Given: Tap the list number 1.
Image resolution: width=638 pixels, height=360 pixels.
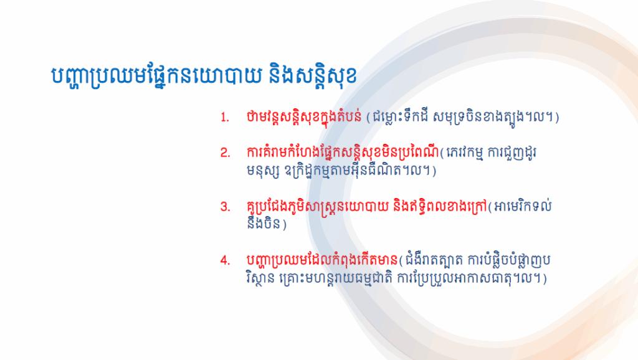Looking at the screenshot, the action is coord(224,118).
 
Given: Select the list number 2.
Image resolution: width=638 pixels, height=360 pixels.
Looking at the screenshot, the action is coord(225,153).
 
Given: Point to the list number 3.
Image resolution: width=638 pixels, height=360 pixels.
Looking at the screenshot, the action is coord(225,207).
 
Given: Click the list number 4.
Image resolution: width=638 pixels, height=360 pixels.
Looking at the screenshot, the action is coord(225,260).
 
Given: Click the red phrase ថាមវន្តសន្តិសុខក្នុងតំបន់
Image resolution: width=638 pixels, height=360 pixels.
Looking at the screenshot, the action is coord(304,116).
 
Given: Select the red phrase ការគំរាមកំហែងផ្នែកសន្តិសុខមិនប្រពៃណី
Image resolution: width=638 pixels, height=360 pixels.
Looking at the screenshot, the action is coord(343,153).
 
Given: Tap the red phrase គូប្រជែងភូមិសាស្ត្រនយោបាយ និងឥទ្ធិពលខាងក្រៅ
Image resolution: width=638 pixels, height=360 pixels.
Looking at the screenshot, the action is coord(366,206).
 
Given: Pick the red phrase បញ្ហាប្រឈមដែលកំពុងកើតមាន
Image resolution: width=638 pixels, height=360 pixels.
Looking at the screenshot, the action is coord(322,260).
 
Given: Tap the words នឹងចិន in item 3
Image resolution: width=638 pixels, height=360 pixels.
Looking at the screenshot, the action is coord(264,224).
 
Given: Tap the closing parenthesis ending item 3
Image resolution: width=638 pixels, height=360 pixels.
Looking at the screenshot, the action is coord(284,224).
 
